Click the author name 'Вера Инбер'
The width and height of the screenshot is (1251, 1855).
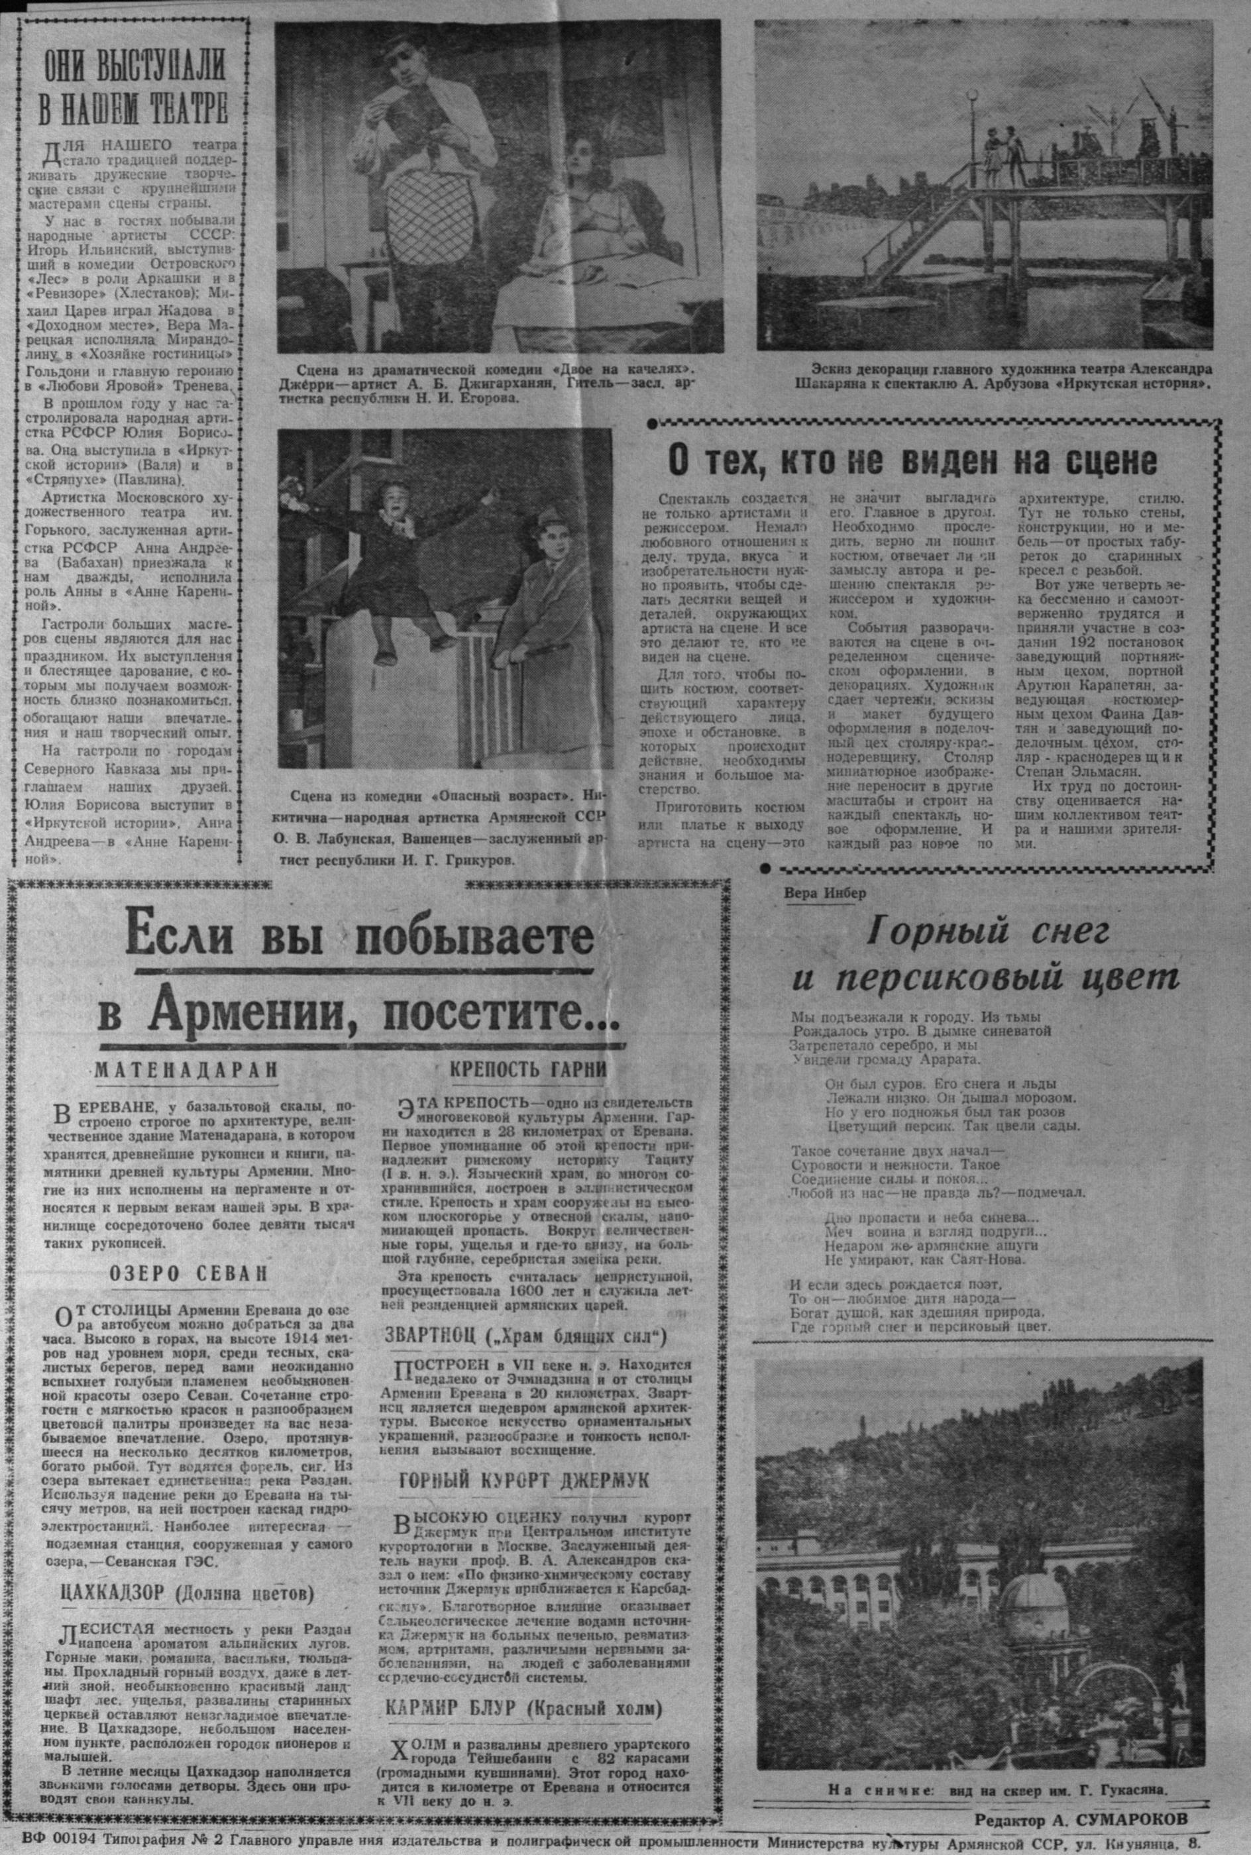[825, 893]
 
